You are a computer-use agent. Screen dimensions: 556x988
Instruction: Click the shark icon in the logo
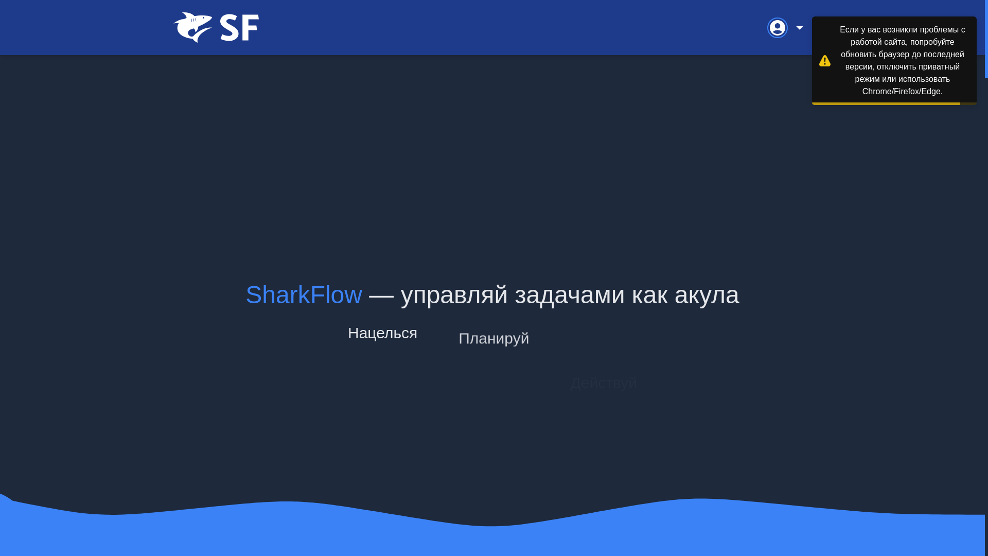coord(193,27)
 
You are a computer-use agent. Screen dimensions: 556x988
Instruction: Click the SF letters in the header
coord(239,28)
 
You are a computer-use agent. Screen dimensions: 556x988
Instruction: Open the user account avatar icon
coord(777,28)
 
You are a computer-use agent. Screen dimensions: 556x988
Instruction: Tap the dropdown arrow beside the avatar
coord(799,28)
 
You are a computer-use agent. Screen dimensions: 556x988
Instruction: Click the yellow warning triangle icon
coord(825,61)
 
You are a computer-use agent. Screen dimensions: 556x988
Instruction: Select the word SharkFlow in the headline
coord(304,295)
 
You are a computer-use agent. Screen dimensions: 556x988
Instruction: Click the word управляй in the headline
coord(454,295)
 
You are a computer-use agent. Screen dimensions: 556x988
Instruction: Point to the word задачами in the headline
coord(570,295)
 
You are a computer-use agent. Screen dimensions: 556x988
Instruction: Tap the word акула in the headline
coord(707,295)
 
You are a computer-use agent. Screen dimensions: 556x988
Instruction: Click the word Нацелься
coord(382,333)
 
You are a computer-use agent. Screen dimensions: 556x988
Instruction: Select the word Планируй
coord(493,338)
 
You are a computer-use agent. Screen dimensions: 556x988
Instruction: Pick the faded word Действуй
coord(604,383)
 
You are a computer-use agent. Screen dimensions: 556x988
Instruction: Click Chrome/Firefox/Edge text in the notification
coord(902,92)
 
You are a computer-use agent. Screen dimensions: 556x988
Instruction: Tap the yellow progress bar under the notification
coord(886,103)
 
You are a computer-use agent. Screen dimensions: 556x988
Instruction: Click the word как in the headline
coord(649,295)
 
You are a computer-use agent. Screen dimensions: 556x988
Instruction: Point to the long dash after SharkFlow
coord(381,295)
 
